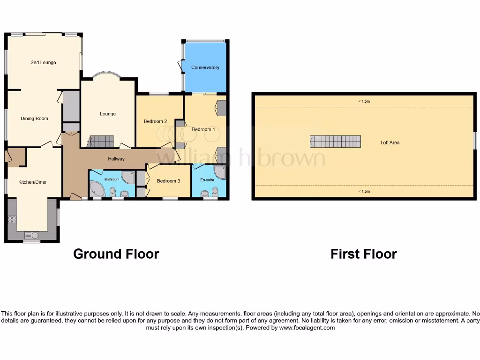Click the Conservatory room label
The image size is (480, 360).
[205, 67]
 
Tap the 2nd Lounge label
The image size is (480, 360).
[44, 63]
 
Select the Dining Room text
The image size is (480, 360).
[35, 119]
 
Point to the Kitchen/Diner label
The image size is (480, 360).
[32, 182]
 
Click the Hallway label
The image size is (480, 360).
[116, 159]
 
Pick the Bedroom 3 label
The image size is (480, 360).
[169, 181]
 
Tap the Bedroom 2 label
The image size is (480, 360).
[156, 121]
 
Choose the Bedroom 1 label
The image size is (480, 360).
[203, 129]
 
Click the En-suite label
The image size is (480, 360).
[207, 180]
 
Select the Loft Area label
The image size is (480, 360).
[390, 142]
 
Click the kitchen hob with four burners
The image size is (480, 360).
[12, 219]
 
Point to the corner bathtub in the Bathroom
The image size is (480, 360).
[97, 189]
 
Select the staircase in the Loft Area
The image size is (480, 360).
[336, 142]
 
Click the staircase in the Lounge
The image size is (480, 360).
[102, 141]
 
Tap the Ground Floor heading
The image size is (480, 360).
[116, 254]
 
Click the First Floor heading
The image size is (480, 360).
[364, 254]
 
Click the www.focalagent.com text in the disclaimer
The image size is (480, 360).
[307, 328]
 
